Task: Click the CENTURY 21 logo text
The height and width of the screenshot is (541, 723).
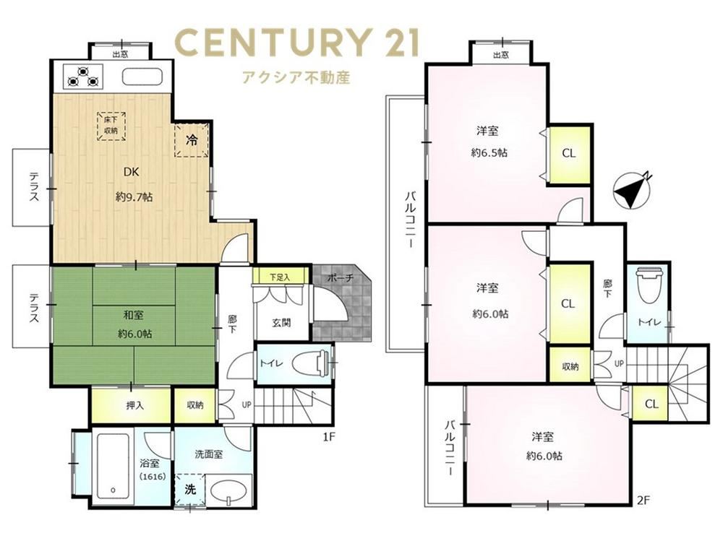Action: point(298,42)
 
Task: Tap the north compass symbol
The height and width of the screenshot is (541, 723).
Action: point(632,190)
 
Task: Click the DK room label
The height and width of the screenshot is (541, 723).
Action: point(132,172)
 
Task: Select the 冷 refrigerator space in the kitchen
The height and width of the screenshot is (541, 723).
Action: point(192,139)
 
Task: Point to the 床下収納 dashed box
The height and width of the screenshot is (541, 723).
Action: point(111,126)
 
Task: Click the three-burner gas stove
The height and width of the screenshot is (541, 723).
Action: point(83,77)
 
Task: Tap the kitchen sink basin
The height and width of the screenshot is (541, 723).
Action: point(142,77)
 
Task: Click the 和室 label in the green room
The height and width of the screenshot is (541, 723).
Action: point(133,315)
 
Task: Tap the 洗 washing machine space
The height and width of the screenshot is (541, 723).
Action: point(190,490)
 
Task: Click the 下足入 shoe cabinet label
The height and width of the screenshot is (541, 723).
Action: point(279,277)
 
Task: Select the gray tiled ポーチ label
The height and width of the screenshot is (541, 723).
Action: point(341,278)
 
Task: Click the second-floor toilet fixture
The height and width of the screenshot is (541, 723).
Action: point(649,285)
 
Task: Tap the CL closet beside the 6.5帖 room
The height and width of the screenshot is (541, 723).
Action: point(568,154)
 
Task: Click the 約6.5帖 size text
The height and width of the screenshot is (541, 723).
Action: point(489,152)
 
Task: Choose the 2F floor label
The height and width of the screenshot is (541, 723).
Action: point(643,501)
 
